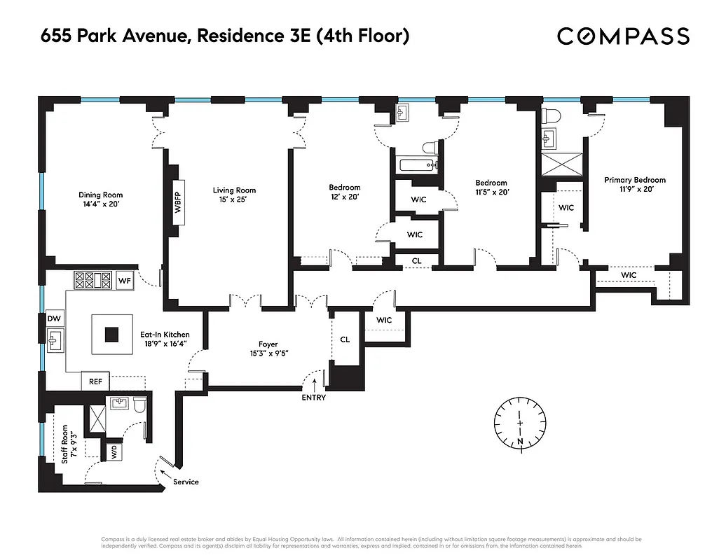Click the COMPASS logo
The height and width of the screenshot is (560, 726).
coord(624,36)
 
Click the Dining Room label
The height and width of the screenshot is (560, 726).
coord(100,195)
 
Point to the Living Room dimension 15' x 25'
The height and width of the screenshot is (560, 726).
coord(234,199)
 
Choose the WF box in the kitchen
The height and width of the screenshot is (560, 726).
coord(125,281)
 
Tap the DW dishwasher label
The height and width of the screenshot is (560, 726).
coord(54,318)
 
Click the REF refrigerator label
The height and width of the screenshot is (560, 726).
coord(95,381)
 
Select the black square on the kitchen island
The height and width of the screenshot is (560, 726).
coord(112,334)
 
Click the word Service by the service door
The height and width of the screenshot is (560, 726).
coord(186,482)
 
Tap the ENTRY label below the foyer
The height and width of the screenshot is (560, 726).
coord(313,398)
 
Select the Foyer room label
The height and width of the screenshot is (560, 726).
coord(268,344)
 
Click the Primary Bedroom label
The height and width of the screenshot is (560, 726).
coord(635,180)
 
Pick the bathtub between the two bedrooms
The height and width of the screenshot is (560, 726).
coord(416,166)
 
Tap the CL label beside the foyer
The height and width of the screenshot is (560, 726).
coord(345,339)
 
